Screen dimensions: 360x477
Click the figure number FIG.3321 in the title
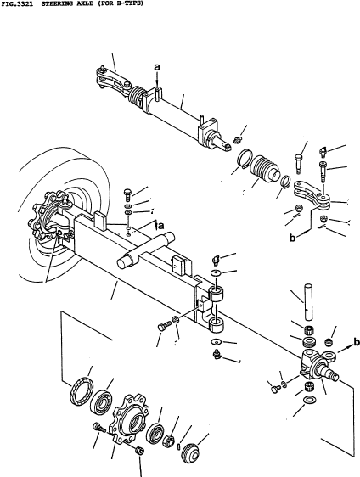pos(17,3)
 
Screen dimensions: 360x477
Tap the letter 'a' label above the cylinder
pos(157,67)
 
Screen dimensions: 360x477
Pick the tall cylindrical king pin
pos(308,301)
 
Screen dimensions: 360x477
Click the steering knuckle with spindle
pos(318,365)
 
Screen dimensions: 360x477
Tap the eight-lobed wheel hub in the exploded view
pos(129,418)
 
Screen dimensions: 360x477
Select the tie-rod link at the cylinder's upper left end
pos(113,81)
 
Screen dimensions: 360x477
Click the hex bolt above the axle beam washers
pos(128,194)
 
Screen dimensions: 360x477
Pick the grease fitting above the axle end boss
pos(216,261)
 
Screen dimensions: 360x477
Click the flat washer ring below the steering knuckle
pos(309,400)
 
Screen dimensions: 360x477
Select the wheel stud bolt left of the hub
pos(99,428)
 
